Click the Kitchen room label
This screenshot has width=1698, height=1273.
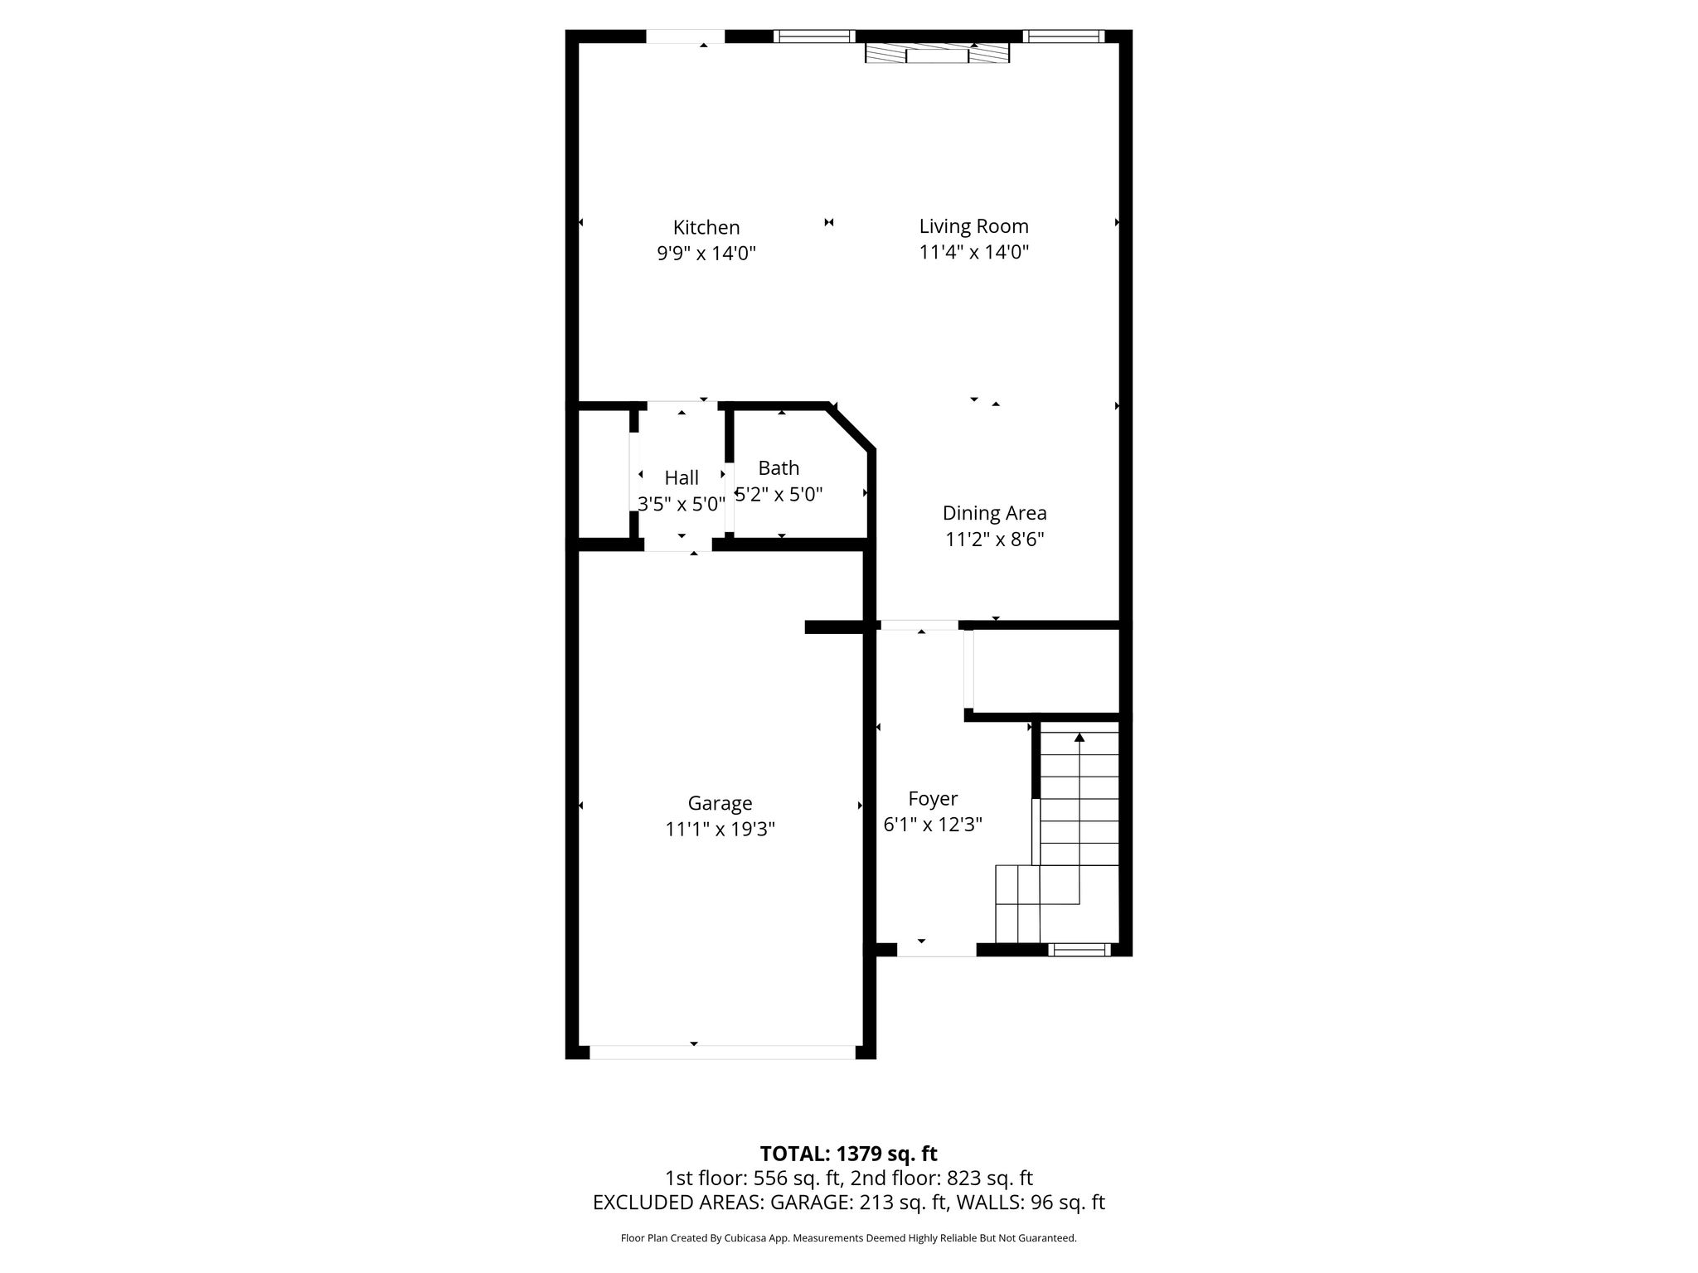(x=706, y=227)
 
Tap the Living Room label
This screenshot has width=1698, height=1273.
(x=973, y=226)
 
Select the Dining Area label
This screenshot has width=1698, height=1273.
(x=994, y=514)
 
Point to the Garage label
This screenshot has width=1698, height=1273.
(x=720, y=803)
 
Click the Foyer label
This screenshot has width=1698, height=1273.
(x=933, y=799)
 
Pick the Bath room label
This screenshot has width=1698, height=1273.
(x=779, y=468)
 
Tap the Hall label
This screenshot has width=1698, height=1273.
(x=682, y=477)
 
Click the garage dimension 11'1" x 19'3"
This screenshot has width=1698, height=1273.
(x=720, y=829)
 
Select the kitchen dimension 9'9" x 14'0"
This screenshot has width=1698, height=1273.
(x=706, y=253)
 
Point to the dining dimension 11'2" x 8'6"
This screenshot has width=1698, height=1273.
(x=994, y=540)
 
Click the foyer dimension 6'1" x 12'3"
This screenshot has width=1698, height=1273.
(x=933, y=825)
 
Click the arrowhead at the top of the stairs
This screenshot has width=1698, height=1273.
(x=1079, y=737)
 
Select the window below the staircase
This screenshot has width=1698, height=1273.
(x=1079, y=950)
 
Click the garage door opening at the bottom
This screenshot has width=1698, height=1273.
(x=722, y=1053)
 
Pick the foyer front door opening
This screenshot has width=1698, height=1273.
(x=937, y=950)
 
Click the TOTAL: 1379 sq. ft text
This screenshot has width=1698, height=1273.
(x=848, y=1154)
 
